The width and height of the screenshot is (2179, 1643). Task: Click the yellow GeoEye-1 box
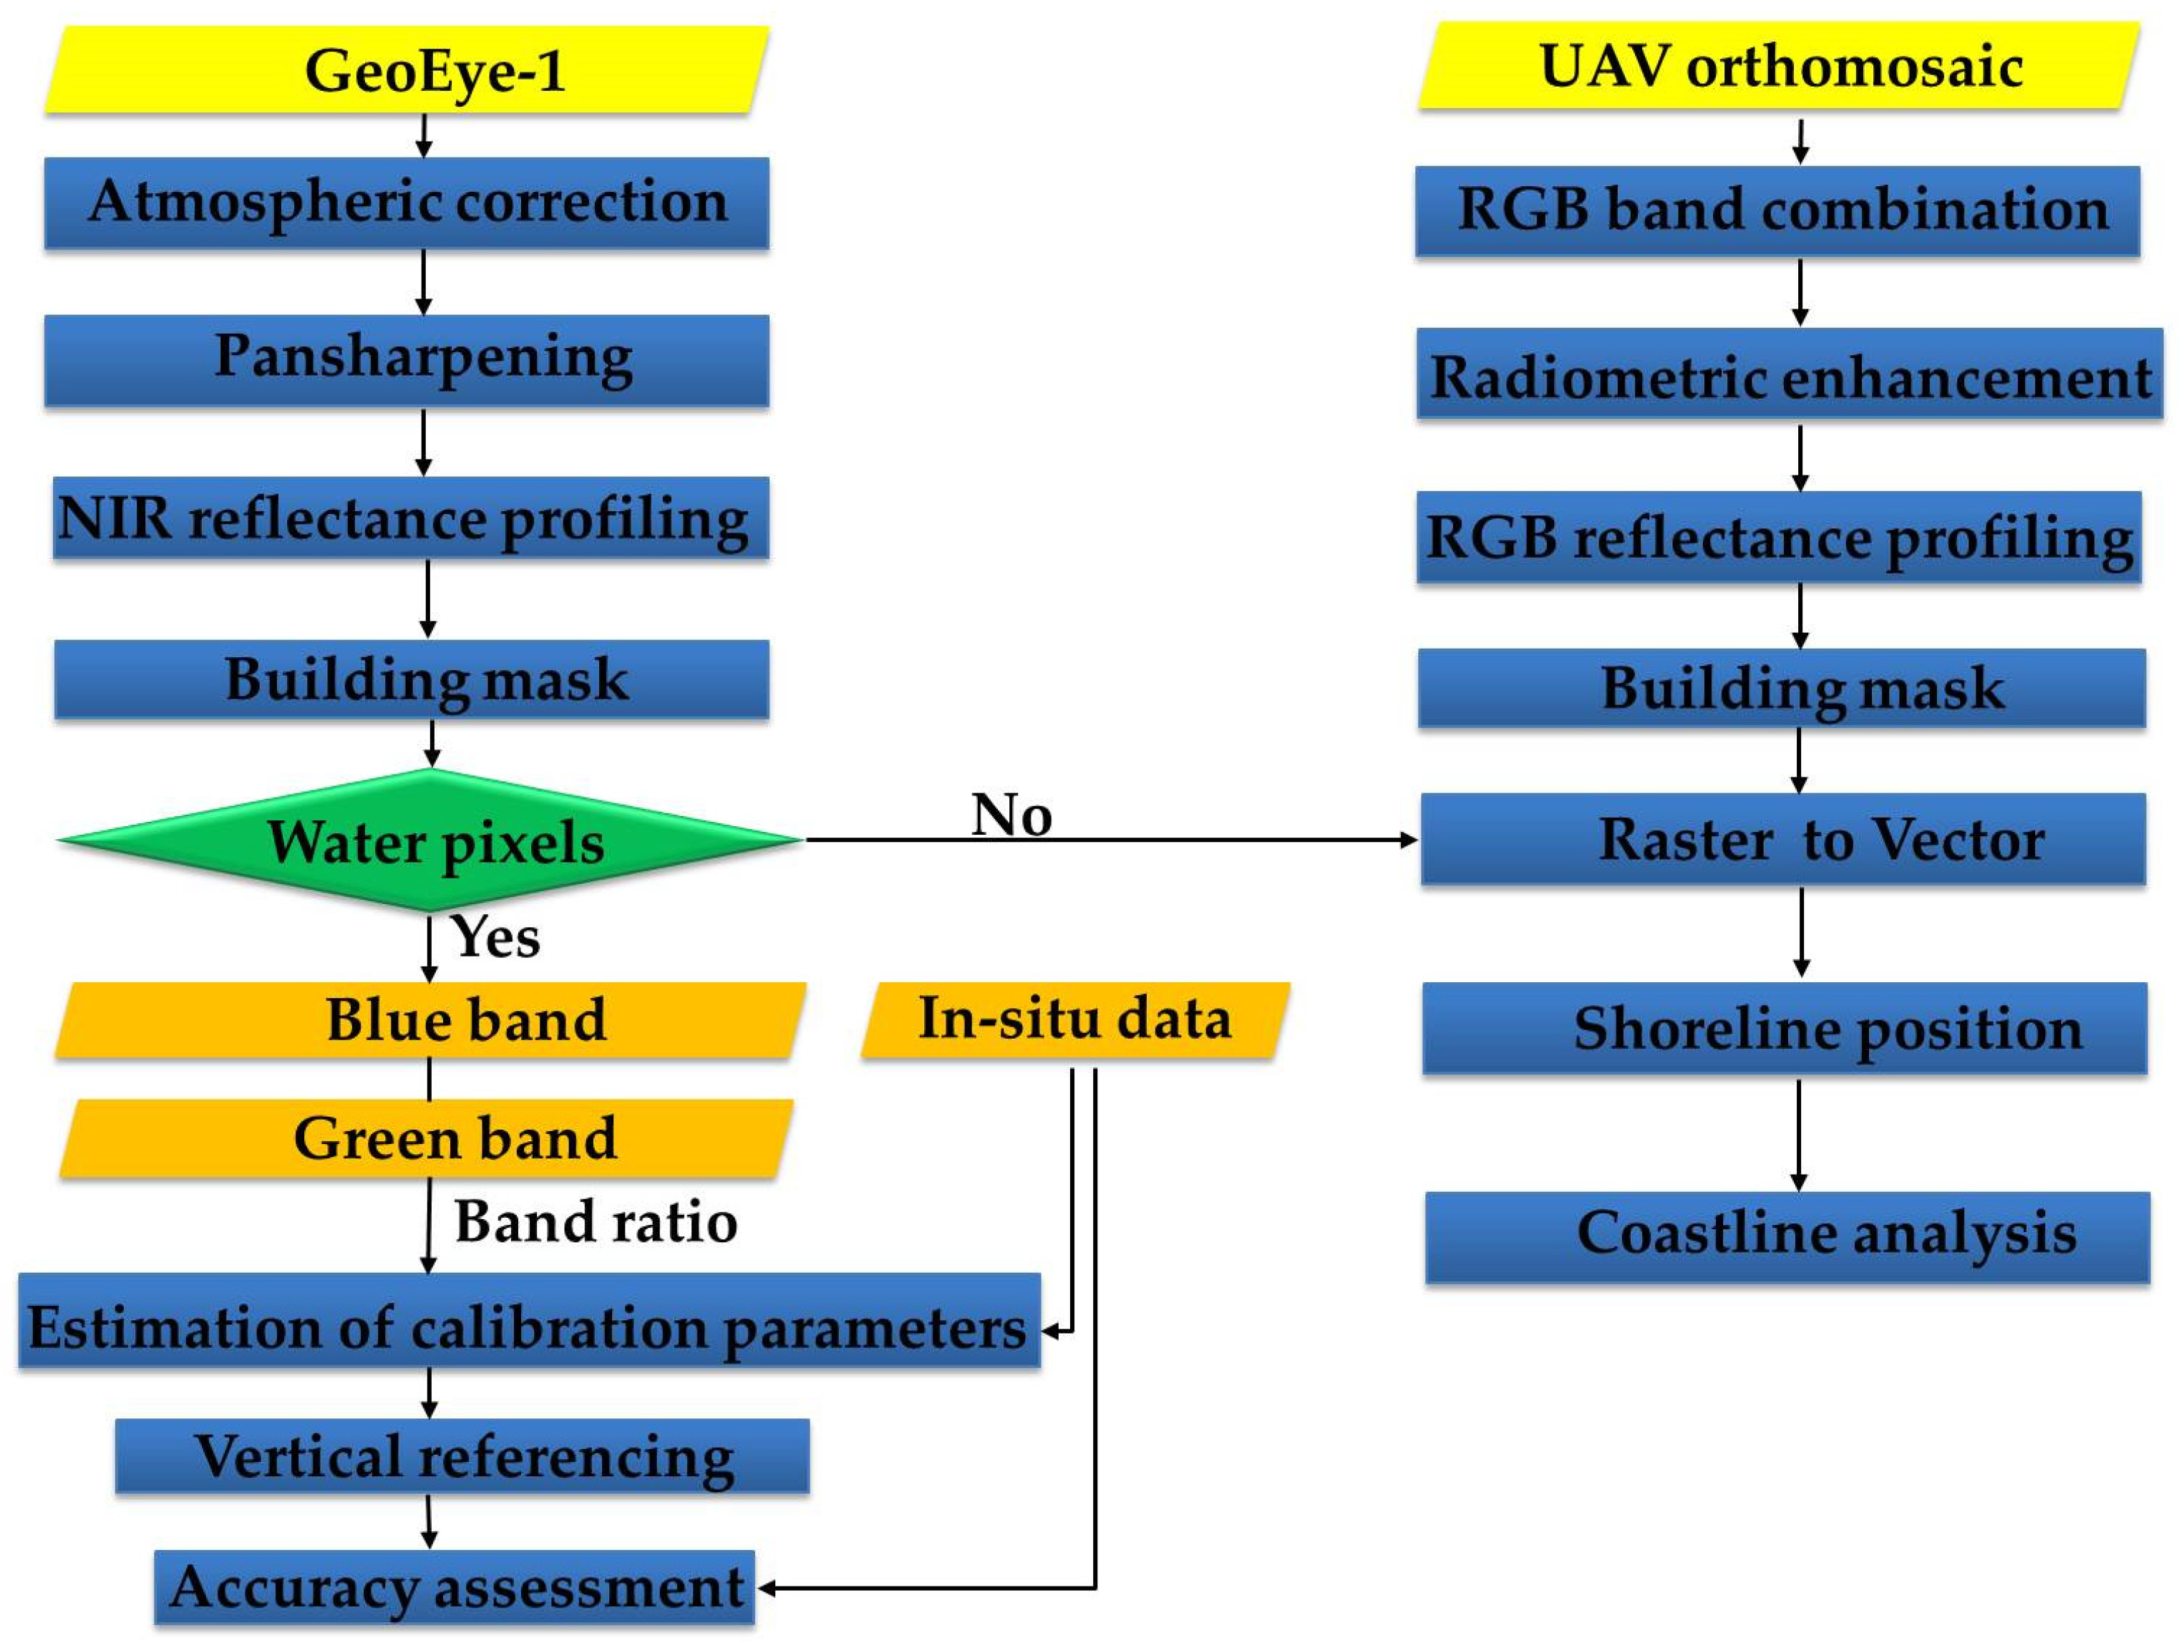[x=407, y=71]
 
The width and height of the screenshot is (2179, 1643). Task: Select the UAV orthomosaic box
[x=1779, y=67]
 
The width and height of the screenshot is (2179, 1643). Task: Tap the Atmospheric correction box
[x=407, y=203]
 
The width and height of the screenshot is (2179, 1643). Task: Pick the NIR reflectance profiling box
[x=411, y=519]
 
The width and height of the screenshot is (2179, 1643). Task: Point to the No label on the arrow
[x=1011, y=815]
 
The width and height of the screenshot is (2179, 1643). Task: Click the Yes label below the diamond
[x=495, y=936]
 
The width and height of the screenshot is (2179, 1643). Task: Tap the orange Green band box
[x=427, y=1139]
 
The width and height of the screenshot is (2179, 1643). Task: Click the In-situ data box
[x=1076, y=1020]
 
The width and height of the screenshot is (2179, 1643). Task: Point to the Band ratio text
[x=595, y=1222]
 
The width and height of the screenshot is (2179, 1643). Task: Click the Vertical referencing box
[x=462, y=1457]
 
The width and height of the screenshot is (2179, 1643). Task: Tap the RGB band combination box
[x=1778, y=210]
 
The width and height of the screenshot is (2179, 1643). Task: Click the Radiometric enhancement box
[x=1790, y=375]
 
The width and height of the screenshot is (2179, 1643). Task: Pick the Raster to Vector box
[x=1783, y=839]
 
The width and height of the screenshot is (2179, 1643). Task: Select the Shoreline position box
[x=1785, y=1028]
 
